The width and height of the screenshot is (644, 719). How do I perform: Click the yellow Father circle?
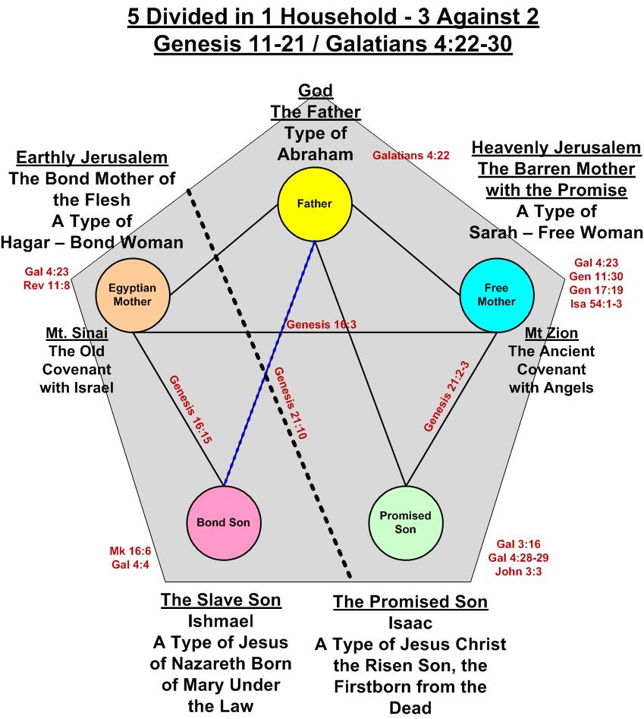click(315, 203)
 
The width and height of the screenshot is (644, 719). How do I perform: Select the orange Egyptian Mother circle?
click(132, 295)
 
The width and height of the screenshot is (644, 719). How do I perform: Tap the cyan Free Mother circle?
click(497, 295)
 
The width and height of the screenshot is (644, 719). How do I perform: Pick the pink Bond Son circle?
click(223, 523)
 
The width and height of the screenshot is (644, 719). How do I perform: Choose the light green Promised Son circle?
click(406, 522)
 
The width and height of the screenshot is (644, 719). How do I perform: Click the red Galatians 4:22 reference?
click(411, 156)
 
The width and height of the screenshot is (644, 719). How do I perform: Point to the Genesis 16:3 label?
click(321, 325)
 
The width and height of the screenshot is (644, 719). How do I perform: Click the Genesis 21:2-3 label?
click(448, 396)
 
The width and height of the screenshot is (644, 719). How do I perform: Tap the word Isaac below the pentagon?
click(410, 623)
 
